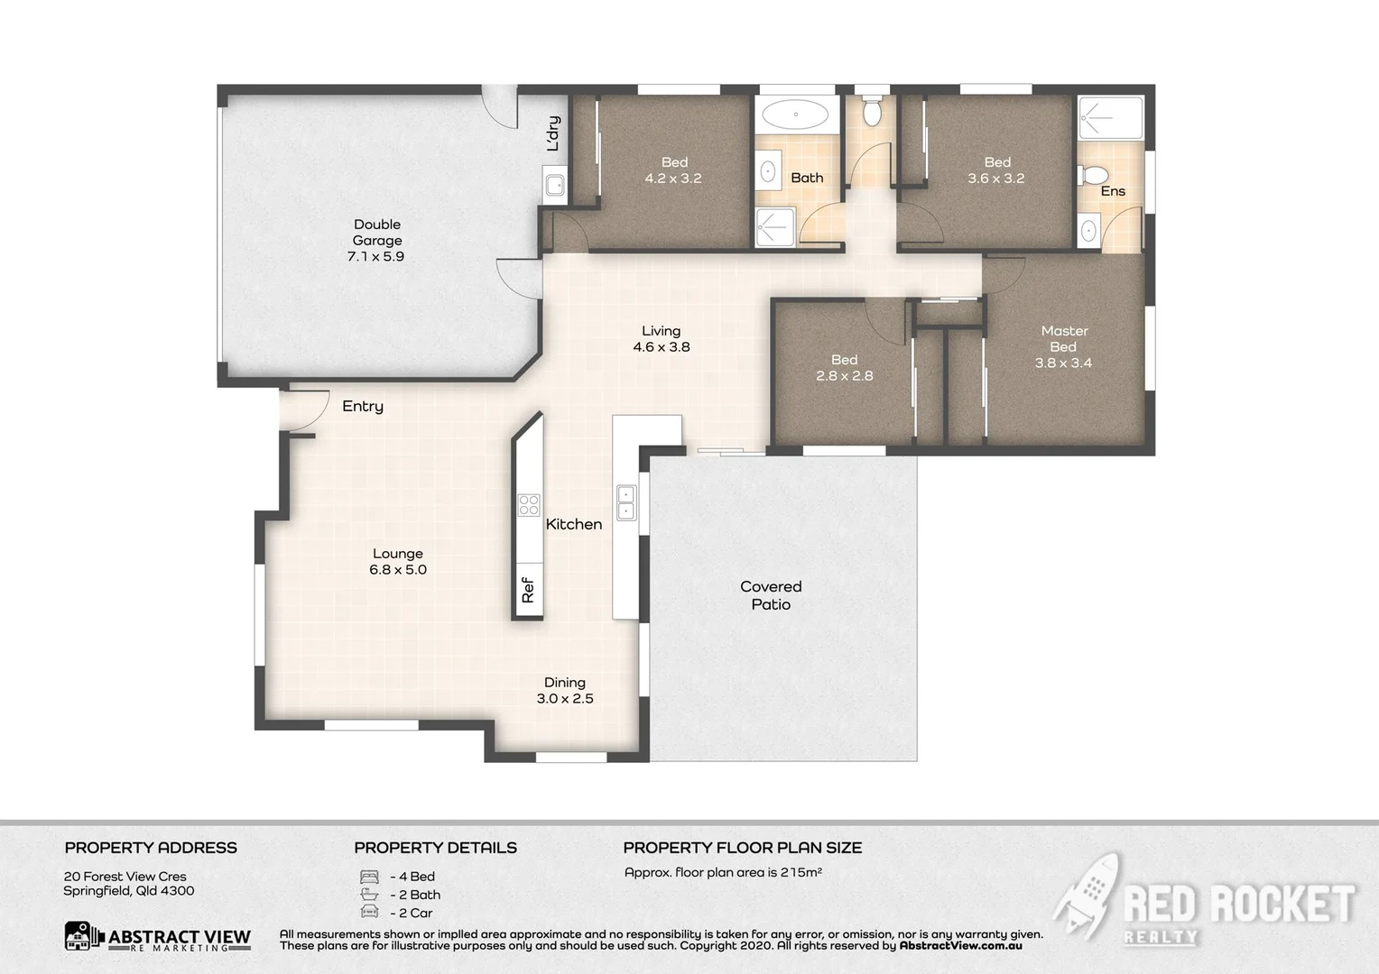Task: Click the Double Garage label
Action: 377,233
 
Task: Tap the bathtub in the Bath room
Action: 795,115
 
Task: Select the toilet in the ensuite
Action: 1094,174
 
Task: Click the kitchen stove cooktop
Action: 529,505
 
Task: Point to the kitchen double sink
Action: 625,503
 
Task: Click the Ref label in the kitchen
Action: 528,591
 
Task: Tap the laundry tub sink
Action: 554,185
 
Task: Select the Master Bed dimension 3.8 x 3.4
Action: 1063,363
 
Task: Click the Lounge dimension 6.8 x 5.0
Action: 398,570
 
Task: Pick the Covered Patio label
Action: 771,595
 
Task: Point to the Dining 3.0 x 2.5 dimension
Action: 565,699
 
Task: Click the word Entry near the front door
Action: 363,407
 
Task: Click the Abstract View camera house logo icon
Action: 84,936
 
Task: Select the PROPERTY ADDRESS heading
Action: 151,848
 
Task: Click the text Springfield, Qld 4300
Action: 129,891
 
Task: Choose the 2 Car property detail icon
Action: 369,913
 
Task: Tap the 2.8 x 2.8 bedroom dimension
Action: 845,376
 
